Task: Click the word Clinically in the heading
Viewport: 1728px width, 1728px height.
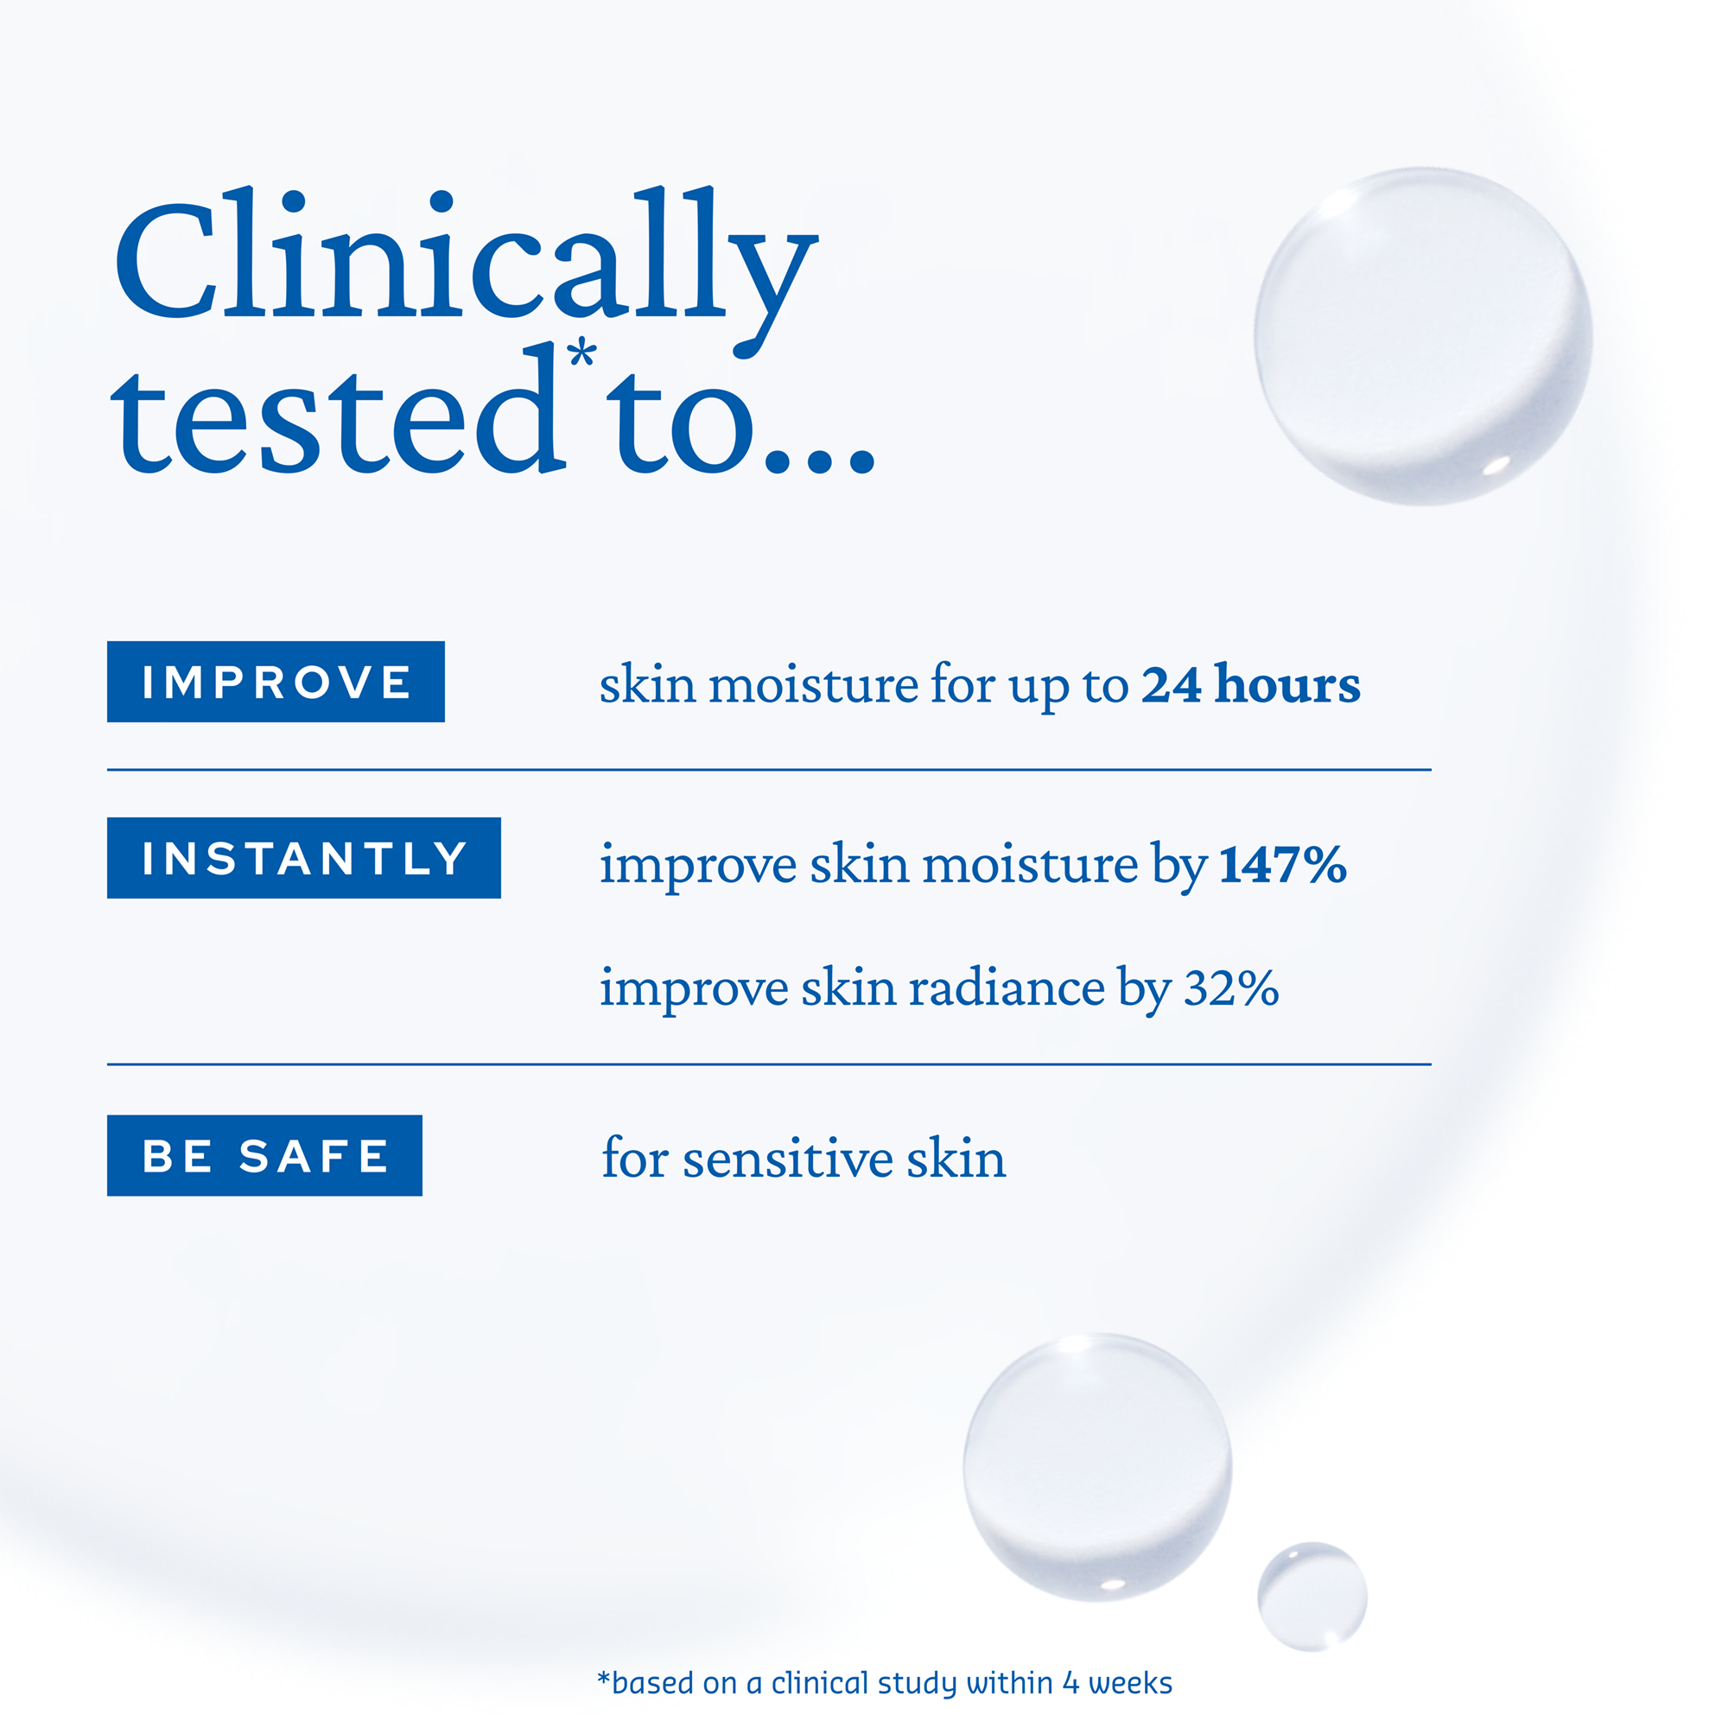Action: (466, 269)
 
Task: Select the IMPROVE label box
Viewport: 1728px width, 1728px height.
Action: (276, 682)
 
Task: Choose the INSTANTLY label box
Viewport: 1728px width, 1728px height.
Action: (304, 858)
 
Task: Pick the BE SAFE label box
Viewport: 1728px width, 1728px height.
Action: (264, 1155)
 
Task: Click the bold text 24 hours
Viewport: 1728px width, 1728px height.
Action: (1250, 685)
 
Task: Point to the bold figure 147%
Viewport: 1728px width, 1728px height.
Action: (1284, 865)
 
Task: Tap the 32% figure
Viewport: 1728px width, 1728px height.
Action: (1230, 988)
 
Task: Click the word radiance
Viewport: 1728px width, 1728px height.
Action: (1007, 988)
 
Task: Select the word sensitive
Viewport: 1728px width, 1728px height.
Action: (788, 1159)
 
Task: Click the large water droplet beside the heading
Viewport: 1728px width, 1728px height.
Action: (1423, 336)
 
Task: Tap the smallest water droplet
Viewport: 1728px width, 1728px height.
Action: (1312, 1597)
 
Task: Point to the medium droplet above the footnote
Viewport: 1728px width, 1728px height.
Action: (1097, 1467)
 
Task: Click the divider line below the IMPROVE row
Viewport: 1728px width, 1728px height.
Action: (769, 769)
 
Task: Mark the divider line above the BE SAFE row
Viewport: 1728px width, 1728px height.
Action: (769, 1064)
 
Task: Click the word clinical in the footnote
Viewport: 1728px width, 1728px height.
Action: (821, 1683)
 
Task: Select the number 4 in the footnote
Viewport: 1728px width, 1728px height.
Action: (1070, 1684)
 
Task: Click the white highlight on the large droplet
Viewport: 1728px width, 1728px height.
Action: (1496, 466)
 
